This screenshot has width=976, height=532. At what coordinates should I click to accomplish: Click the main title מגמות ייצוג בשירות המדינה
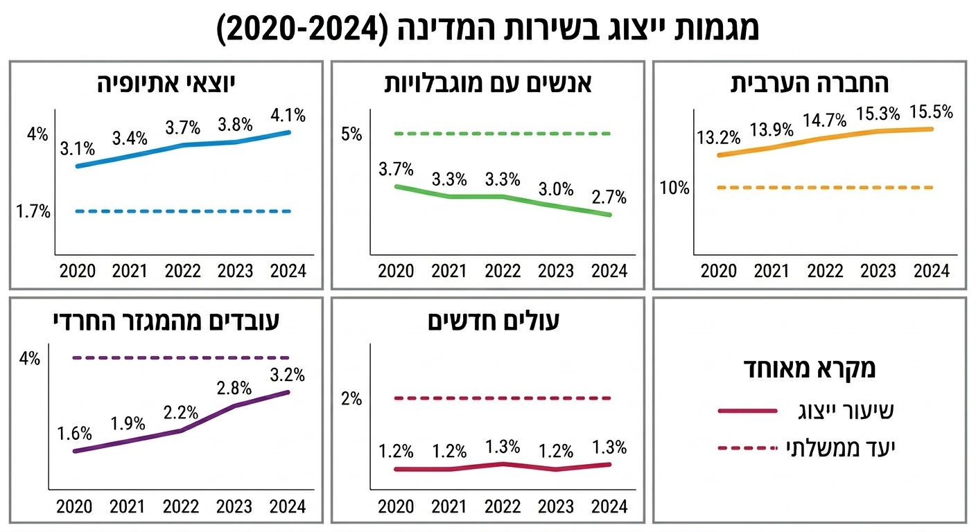(x=488, y=28)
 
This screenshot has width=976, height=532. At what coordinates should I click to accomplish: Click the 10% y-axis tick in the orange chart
(x=674, y=188)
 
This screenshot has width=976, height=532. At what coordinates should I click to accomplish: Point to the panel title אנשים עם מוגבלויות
(x=487, y=85)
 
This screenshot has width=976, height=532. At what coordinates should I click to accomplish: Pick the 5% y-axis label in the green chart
(x=352, y=134)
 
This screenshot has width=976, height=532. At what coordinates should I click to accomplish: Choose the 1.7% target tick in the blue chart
(x=33, y=211)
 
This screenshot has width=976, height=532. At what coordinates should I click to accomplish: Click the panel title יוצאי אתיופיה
(x=166, y=85)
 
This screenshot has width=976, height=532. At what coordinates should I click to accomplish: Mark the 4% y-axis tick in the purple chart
(x=30, y=359)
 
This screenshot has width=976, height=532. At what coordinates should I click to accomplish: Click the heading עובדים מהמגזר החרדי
(x=166, y=321)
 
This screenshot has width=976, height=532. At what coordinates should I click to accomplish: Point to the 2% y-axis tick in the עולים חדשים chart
(x=352, y=398)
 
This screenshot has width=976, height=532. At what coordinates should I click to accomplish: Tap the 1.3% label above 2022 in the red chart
(x=503, y=447)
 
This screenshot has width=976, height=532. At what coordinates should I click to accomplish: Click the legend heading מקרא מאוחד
(x=809, y=369)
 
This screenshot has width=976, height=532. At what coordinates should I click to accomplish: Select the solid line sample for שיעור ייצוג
(x=747, y=411)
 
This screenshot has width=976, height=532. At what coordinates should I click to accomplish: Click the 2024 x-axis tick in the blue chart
(x=287, y=270)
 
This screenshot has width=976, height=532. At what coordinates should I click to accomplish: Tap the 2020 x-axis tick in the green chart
(x=396, y=270)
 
